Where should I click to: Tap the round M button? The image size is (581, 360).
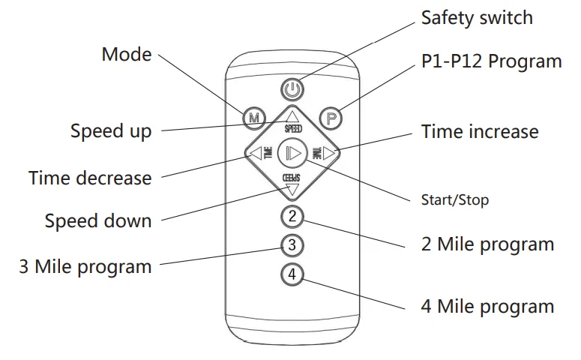[254, 118]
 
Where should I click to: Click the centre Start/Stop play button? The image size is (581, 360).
[292, 154]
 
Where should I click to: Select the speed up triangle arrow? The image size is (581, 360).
[292, 116]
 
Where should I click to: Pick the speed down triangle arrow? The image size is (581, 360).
[292, 189]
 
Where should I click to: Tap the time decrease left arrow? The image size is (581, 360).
[253, 154]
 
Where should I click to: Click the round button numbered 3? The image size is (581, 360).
[292, 245]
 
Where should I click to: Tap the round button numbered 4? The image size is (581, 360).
[292, 275]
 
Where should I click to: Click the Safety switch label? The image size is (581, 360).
[476, 17]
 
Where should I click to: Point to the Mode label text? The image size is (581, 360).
[126, 54]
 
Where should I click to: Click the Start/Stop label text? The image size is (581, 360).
[455, 200]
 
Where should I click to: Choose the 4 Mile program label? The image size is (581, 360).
[488, 306]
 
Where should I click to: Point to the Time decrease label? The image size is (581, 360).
[90, 178]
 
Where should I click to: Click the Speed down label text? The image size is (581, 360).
[97, 221]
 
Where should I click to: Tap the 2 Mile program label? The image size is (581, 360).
[488, 244]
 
